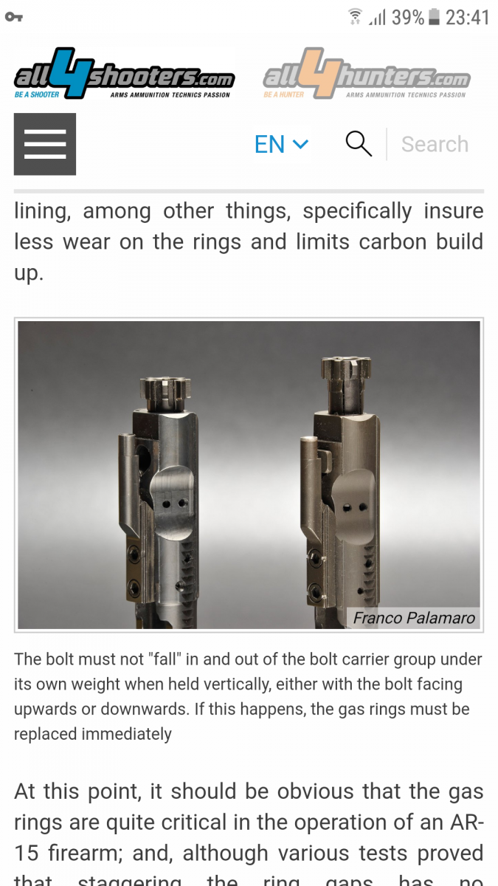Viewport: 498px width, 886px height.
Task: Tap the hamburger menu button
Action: pyautogui.click(x=45, y=144)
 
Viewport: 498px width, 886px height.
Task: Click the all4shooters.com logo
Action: pyautogui.click(x=125, y=73)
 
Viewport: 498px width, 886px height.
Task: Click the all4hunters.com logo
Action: pyautogui.click(x=367, y=73)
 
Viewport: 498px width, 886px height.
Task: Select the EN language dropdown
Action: pyautogui.click(x=281, y=144)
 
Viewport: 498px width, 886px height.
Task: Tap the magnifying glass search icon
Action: pyautogui.click(x=359, y=143)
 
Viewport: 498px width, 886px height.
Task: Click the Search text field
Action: pyautogui.click(x=435, y=144)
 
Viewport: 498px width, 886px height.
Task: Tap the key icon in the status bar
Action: pyautogui.click(x=14, y=17)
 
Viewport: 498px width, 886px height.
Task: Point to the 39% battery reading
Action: pyautogui.click(x=408, y=18)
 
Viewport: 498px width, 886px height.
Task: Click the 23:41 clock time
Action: pyautogui.click(x=468, y=18)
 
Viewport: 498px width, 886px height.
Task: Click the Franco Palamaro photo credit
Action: pyautogui.click(x=414, y=618)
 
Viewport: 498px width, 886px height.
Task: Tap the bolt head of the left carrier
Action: pyautogui.click(x=166, y=394)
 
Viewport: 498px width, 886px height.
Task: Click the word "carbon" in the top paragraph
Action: pyautogui.click(x=392, y=241)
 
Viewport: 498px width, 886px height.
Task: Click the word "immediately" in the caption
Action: pyautogui.click(x=126, y=734)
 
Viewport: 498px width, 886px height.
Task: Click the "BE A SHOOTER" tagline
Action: pyautogui.click(x=37, y=95)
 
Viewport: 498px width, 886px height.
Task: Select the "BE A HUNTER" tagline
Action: pyautogui.click(x=284, y=95)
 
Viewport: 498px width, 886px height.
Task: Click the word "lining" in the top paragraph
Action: pyautogui.click(x=43, y=211)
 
